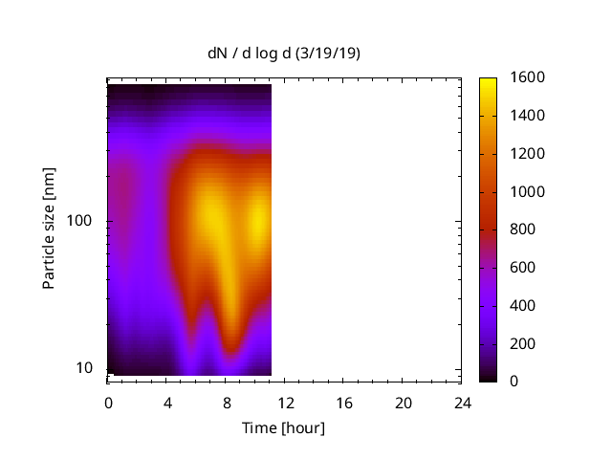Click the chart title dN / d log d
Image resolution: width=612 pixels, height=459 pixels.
click(x=252, y=54)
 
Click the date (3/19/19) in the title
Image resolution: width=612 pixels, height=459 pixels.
click(x=329, y=54)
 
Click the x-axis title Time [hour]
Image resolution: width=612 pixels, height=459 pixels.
click(x=284, y=427)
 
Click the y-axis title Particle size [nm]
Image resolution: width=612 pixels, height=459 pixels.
click(x=49, y=229)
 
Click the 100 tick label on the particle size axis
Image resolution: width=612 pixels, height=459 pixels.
click(x=78, y=221)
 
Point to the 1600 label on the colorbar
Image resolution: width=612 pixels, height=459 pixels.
click(x=528, y=78)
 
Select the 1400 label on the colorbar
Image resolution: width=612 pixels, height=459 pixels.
click(x=528, y=116)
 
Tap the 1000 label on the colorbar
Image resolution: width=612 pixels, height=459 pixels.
click(x=528, y=192)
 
